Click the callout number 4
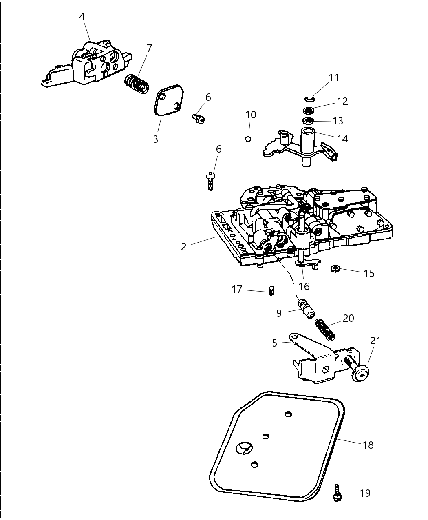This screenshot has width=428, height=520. pos(82,17)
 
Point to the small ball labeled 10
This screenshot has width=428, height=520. pos(247,139)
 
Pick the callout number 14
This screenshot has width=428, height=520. pos(342,139)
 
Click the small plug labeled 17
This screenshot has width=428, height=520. pos(271,291)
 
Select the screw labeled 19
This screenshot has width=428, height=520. pos(337,493)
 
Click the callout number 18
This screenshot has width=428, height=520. pos(368,445)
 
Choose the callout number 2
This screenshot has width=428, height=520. pos(184,247)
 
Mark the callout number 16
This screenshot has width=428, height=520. pos(304,286)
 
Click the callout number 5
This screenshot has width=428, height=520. pos(275,343)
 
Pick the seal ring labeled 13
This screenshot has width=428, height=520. pos(308,121)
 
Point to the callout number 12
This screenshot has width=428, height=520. pos(342,101)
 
